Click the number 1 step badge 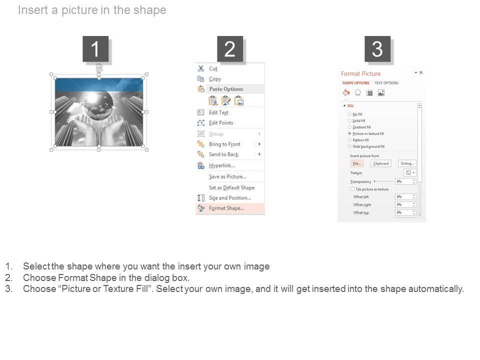tap(95, 49)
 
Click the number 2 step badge tap(229, 49)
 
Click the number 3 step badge tap(377, 49)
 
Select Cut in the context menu tap(213, 68)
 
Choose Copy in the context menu tap(215, 79)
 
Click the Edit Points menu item tap(221, 123)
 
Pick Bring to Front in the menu tap(224, 144)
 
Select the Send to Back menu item tap(223, 154)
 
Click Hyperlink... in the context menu tap(221, 165)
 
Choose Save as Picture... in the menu tap(227, 176)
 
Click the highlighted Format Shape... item tap(226, 208)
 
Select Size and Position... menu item tap(229, 198)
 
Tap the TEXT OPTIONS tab tap(386, 83)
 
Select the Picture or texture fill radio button tap(349, 134)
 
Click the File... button tap(356, 163)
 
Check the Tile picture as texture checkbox tap(352, 189)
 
